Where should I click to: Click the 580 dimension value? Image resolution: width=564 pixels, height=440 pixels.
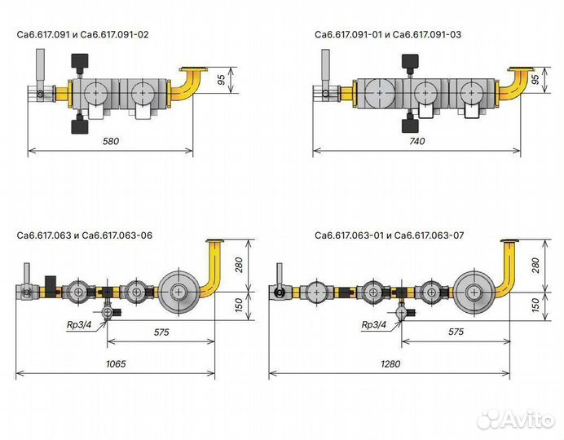pyautogui.click(x=110, y=141)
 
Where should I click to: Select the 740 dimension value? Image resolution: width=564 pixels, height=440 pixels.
pyautogui.click(x=416, y=141)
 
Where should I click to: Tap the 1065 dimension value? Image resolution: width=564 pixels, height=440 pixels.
pyautogui.click(x=116, y=364)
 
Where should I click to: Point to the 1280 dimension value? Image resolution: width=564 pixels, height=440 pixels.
pyautogui.click(x=390, y=364)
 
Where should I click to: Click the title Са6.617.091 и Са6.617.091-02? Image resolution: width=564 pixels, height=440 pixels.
pyautogui.click(x=83, y=34)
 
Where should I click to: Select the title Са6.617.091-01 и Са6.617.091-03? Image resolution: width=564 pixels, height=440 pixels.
pyautogui.click(x=388, y=34)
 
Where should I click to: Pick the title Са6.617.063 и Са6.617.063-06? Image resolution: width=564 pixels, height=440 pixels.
pyautogui.click(x=85, y=235)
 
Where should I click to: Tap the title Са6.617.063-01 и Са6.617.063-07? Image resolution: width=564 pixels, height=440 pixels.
pyautogui.click(x=390, y=235)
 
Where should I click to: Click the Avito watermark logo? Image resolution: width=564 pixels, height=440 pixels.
pyautogui.click(x=515, y=419)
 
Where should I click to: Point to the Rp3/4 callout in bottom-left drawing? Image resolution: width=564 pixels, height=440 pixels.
pyautogui.click(x=79, y=325)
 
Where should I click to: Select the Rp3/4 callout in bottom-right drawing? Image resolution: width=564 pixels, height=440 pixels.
pyautogui.click(x=374, y=325)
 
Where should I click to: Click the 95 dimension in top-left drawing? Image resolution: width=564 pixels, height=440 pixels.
pyautogui.click(x=222, y=80)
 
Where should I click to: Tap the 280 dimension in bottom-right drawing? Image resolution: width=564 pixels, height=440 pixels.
pyautogui.click(x=535, y=266)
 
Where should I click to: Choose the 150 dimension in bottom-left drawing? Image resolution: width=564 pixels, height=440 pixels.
pyautogui.click(x=239, y=306)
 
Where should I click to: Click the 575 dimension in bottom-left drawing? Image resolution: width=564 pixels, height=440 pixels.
pyautogui.click(x=161, y=332)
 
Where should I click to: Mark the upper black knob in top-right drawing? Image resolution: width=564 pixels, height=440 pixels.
pyautogui.click(x=410, y=61)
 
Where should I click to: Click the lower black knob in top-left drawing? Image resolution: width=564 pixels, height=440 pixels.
pyautogui.click(x=80, y=126)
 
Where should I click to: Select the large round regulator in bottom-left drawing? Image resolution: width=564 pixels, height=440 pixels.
pyautogui.click(x=178, y=292)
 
